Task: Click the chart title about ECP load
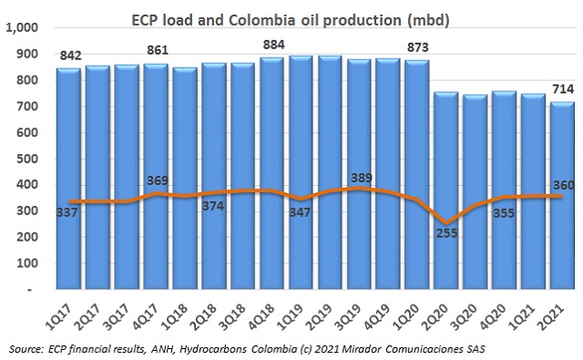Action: click(x=291, y=15)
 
